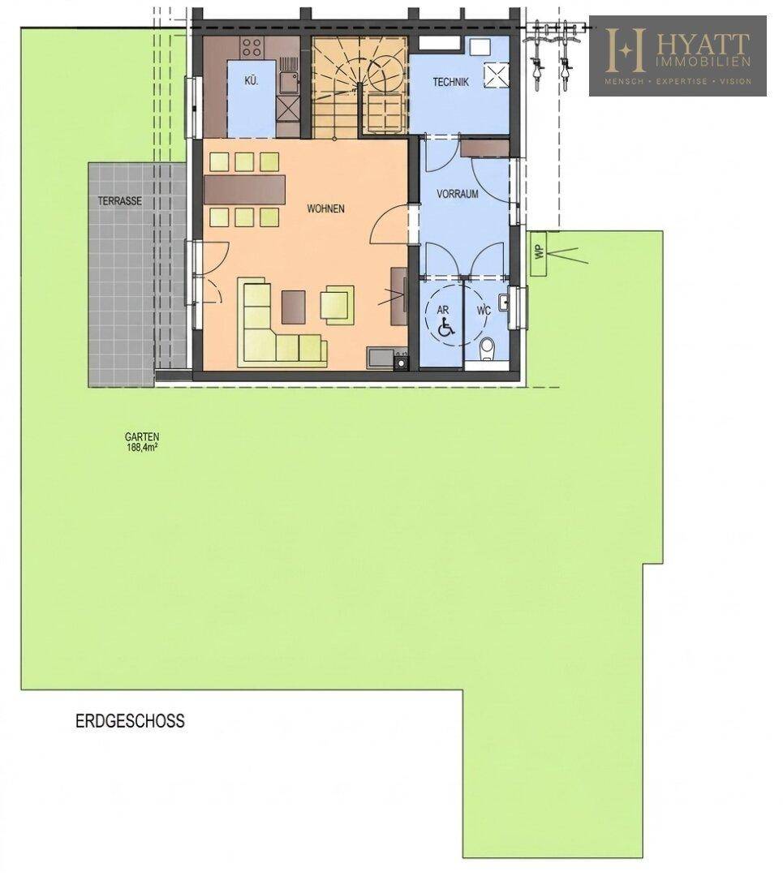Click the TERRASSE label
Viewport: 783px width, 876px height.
click(x=119, y=201)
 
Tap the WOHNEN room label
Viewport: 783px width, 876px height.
click(x=325, y=209)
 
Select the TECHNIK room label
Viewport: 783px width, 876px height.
click(x=450, y=82)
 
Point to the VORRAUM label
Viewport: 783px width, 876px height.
click(x=457, y=195)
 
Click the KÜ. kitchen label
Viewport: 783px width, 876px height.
click(x=252, y=81)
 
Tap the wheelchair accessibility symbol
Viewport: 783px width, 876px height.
click(x=446, y=328)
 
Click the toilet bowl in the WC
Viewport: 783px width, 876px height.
click(x=488, y=347)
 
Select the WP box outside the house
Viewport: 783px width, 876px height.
click(x=540, y=253)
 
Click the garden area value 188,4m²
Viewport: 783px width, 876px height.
click(x=142, y=447)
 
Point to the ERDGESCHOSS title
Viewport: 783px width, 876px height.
click(x=130, y=721)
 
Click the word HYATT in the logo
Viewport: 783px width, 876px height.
click(x=702, y=43)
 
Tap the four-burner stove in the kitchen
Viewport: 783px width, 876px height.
click(x=252, y=47)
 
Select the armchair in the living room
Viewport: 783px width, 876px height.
click(x=337, y=305)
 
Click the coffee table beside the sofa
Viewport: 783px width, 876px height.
click(x=294, y=307)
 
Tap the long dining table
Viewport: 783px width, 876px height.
click(x=245, y=190)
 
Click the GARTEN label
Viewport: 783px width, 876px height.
click(x=142, y=437)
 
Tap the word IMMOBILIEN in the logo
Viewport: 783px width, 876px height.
click(x=703, y=62)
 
